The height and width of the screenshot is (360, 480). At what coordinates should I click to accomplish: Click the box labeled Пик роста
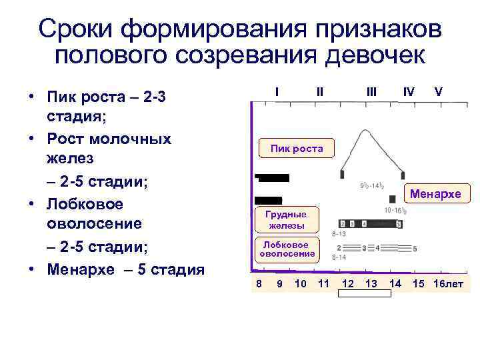[x=296, y=149]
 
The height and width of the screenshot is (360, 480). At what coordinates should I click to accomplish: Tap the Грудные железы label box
[x=286, y=220]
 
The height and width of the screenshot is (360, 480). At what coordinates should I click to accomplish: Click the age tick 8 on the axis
[x=259, y=284]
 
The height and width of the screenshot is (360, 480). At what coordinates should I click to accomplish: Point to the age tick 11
[x=324, y=284]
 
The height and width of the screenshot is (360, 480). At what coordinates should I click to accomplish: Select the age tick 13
[x=371, y=284]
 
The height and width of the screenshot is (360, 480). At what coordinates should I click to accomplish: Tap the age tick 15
[x=418, y=284]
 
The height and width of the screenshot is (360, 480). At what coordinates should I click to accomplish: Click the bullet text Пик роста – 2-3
[x=106, y=98]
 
